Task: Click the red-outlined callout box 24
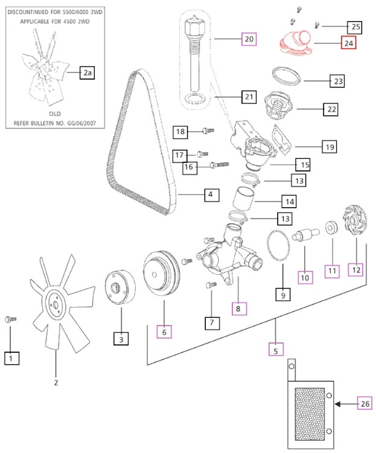[x=349, y=43]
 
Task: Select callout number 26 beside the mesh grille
[x=364, y=403]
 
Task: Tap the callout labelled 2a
[x=88, y=73]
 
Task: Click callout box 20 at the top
[x=249, y=39]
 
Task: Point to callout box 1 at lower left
[x=11, y=358]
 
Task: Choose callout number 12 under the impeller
[x=355, y=270]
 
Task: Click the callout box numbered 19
[x=330, y=147]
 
